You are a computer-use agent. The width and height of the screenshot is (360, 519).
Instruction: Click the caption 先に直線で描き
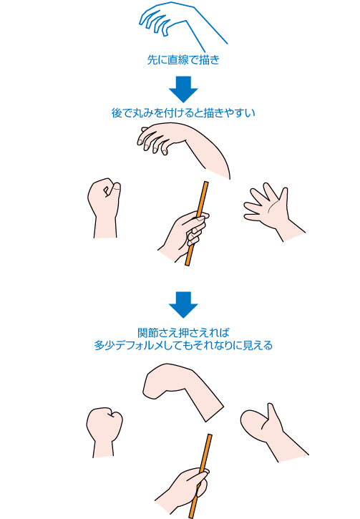click(x=183, y=60)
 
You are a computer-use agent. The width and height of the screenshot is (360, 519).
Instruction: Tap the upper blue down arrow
click(x=183, y=89)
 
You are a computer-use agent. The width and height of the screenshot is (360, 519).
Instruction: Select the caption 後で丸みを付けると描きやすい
click(x=183, y=113)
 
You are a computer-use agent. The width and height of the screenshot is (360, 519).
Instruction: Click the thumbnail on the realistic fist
click(x=117, y=188)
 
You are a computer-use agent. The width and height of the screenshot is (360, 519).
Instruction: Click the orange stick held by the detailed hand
click(x=198, y=223)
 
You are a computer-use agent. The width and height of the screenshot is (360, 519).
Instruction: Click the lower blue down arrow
click(x=183, y=304)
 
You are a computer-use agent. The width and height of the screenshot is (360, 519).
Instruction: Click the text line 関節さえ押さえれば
click(x=183, y=332)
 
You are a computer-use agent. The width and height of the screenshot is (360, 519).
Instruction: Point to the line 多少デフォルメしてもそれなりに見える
click(x=183, y=346)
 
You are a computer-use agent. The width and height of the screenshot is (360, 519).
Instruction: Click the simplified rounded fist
click(x=104, y=430)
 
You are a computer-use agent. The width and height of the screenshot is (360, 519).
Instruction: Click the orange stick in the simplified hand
click(x=200, y=476)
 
